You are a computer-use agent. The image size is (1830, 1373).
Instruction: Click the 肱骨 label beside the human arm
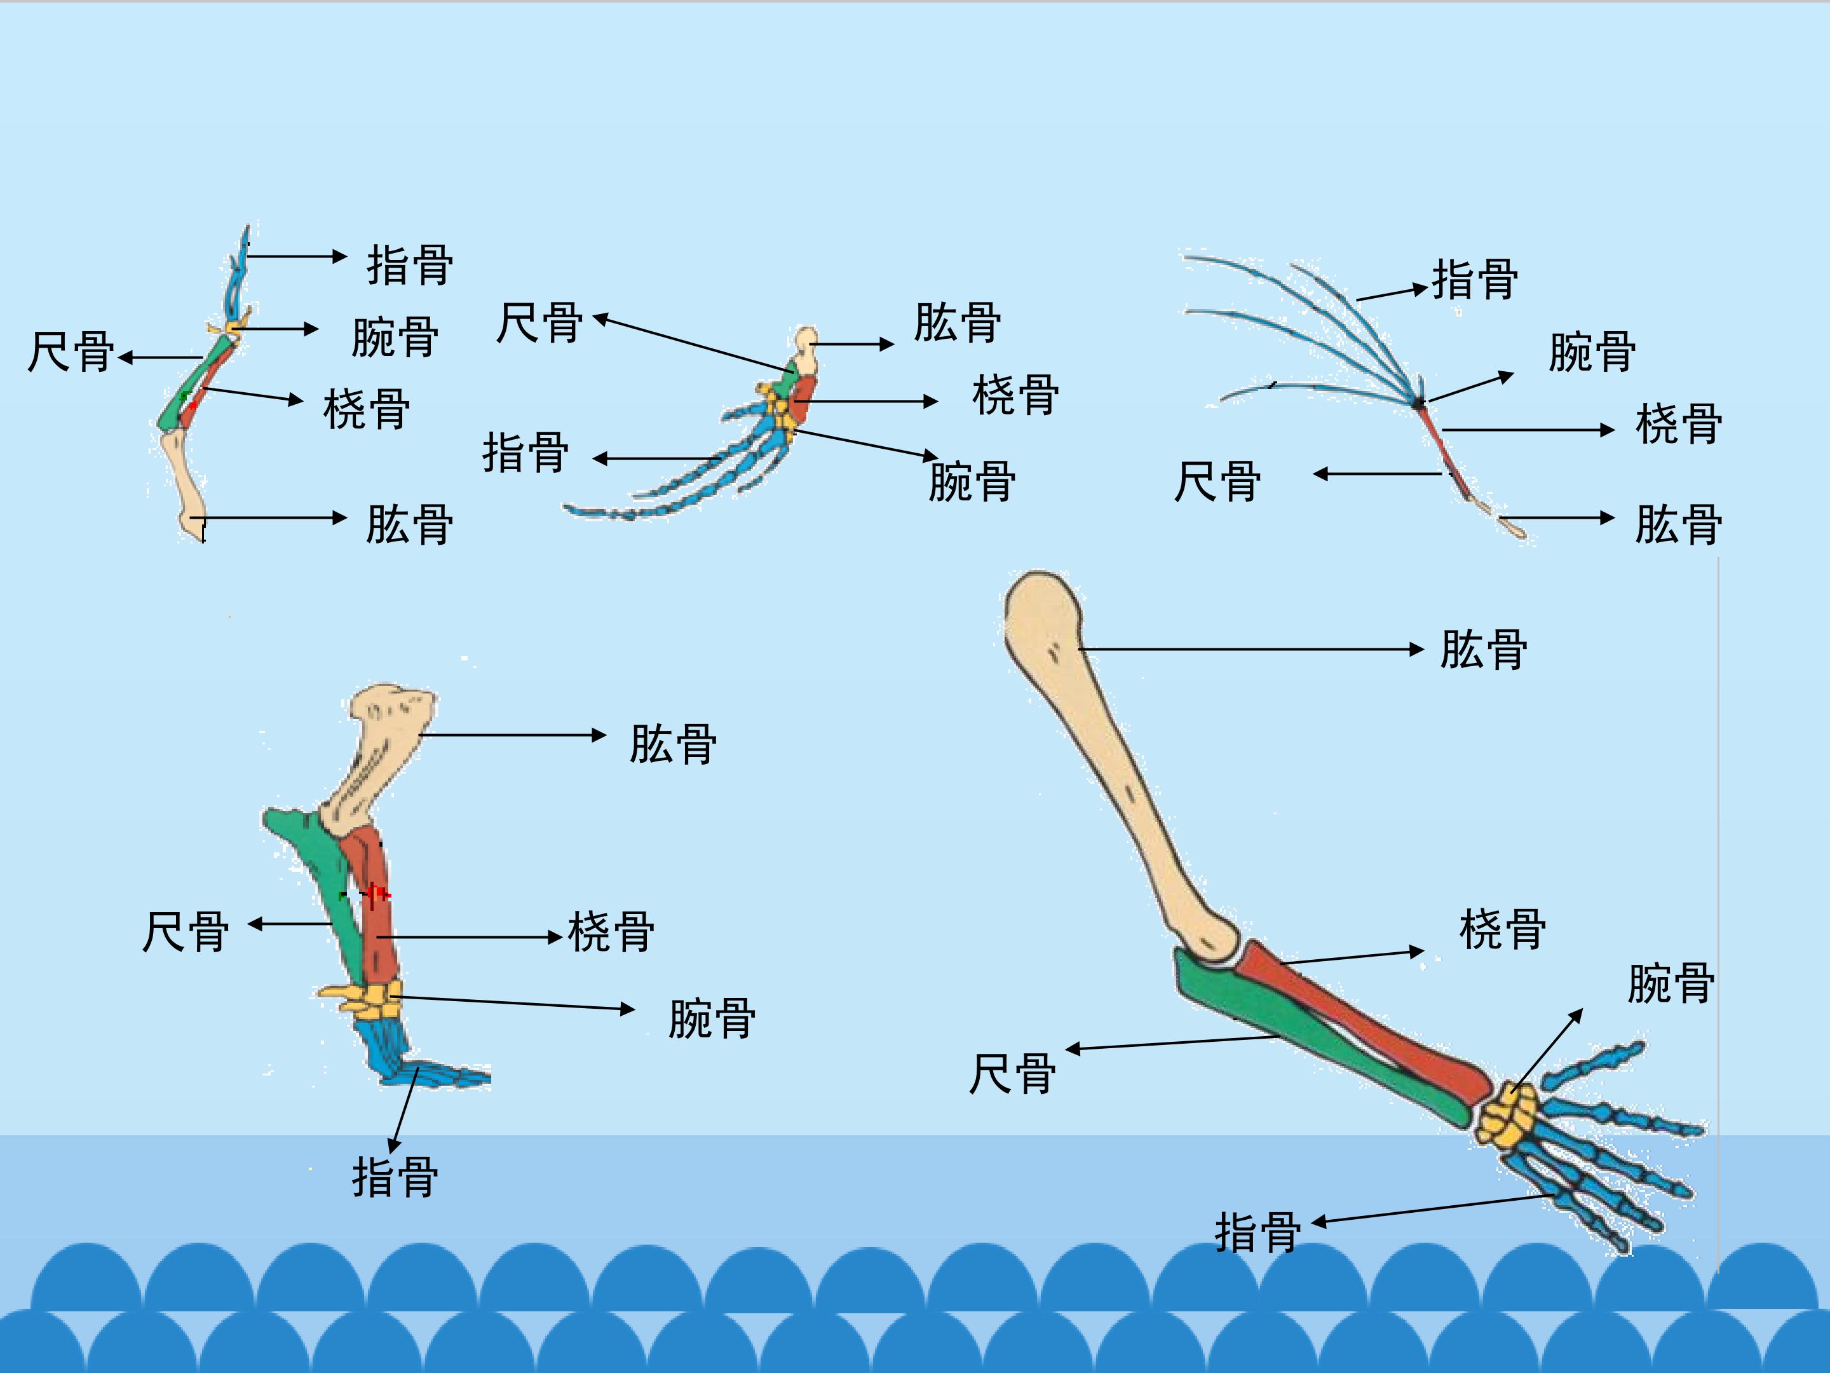coord(1483,650)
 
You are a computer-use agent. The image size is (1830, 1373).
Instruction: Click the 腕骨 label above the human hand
coord(1671,984)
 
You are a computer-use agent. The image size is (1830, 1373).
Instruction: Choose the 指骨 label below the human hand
coord(1257,1233)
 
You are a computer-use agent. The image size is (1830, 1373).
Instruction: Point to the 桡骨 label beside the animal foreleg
coord(611,931)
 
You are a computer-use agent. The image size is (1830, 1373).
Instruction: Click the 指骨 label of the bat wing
coord(1475,279)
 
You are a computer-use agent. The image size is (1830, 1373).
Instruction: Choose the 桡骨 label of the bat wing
coord(1679,424)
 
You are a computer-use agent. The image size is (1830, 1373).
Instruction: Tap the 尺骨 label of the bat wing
coord(1218,482)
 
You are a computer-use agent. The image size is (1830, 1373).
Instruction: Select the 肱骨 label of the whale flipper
coord(957,322)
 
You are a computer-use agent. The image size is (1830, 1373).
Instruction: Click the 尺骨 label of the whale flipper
coord(539,322)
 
